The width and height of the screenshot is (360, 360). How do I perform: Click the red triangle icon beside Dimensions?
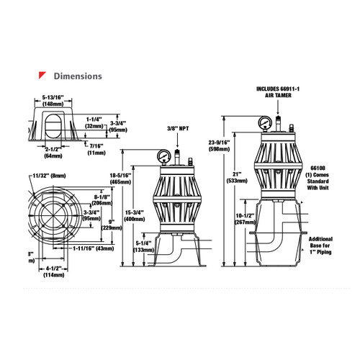coord(43,75)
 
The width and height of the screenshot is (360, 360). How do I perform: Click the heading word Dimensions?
coord(78,76)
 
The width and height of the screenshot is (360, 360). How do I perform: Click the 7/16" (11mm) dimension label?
coord(96,150)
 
